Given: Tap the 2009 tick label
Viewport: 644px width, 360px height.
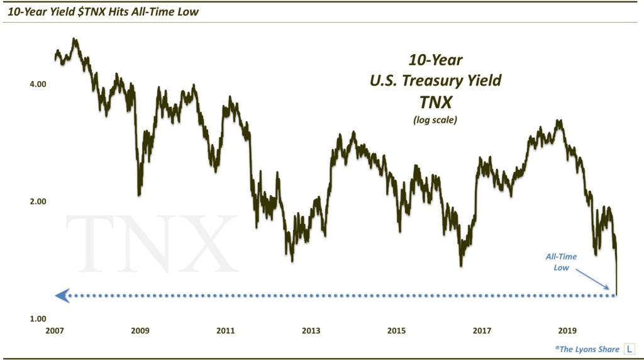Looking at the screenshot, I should tap(140, 330).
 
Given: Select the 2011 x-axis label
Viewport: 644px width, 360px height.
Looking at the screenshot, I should tap(225, 330).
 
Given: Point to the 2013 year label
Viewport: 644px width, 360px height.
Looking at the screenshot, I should tap(311, 330).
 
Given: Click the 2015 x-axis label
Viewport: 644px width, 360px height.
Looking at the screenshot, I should tap(396, 330).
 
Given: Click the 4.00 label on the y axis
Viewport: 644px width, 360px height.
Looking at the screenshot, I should tap(38, 84).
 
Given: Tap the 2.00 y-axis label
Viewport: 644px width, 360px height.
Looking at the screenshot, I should tap(38, 201).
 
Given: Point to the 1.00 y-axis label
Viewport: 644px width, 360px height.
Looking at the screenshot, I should tap(38, 319).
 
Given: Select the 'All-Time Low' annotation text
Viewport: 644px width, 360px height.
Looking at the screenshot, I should tap(560, 262).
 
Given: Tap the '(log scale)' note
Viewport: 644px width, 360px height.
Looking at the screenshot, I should tap(435, 120).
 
